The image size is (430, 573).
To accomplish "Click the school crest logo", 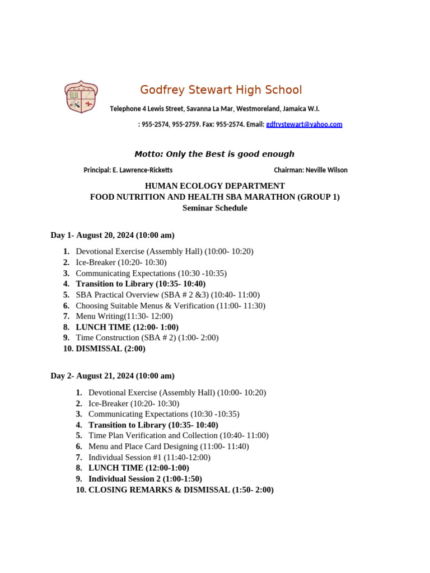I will [x=81, y=97].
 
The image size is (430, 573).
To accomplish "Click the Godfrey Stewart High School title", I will [x=221, y=90].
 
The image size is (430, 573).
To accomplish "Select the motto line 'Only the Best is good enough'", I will [x=214, y=154].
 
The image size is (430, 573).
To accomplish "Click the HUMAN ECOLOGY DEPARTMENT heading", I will [x=215, y=186].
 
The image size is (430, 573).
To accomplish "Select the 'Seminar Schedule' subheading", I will [x=215, y=208].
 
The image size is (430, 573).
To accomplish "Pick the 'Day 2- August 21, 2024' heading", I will [x=113, y=376].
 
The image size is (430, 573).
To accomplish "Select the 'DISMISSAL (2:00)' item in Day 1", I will [x=110, y=349].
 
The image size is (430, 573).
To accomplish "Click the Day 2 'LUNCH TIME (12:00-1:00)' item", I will [x=138, y=468].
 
